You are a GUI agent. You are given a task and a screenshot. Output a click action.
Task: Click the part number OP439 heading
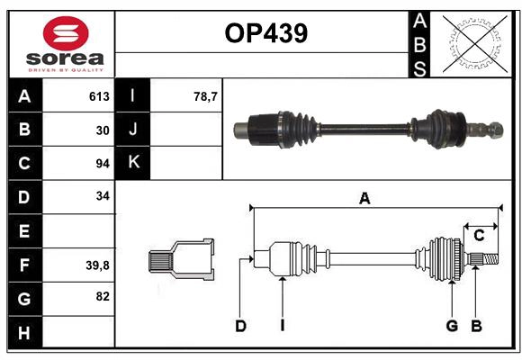[x=265, y=33]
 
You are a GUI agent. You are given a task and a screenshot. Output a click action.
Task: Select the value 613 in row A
[x=99, y=96]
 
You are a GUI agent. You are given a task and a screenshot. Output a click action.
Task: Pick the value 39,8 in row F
[x=97, y=265]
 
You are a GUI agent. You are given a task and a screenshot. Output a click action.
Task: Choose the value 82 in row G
[x=102, y=297]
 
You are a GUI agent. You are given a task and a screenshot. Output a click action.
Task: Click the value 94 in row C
[x=102, y=163]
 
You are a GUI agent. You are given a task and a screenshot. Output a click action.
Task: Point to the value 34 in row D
[x=102, y=196]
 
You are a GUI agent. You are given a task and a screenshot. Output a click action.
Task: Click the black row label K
[x=134, y=163]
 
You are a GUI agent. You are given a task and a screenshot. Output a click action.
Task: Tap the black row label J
[x=134, y=130]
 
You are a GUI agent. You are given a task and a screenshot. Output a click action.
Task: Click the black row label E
[x=24, y=230]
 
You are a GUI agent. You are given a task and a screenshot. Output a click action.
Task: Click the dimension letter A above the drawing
[x=364, y=199]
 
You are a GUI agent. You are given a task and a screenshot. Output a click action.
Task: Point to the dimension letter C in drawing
[x=479, y=236]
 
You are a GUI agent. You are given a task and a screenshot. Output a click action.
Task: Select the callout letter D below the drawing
[x=240, y=326]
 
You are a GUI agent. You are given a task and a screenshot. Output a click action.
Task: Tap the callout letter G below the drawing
[x=452, y=326]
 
